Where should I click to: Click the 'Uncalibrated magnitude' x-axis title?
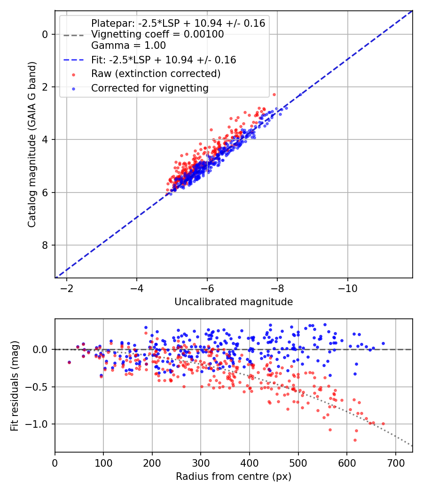(234, 302)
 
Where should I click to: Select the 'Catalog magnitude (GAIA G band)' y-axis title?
(31, 145)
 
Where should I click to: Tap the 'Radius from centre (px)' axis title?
(234, 477)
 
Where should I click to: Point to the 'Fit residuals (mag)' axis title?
(15, 386)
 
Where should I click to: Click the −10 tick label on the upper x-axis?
(347, 288)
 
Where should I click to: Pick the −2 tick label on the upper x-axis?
(66, 288)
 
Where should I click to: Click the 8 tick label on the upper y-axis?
(45, 245)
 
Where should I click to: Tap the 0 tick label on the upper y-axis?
(45, 34)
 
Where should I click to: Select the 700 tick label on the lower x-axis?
(396, 463)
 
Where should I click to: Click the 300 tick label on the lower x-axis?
(201, 463)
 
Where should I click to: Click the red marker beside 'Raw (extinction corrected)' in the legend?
(74, 75)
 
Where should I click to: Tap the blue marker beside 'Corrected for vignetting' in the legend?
(74, 89)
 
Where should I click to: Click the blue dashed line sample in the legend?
(74, 60)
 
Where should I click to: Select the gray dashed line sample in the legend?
(74, 35)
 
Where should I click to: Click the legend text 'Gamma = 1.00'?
(128, 46)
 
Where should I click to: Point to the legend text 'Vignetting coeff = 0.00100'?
(157, 34)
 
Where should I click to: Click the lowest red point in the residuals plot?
(355, 440)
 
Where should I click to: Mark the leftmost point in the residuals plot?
(69, 362)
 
